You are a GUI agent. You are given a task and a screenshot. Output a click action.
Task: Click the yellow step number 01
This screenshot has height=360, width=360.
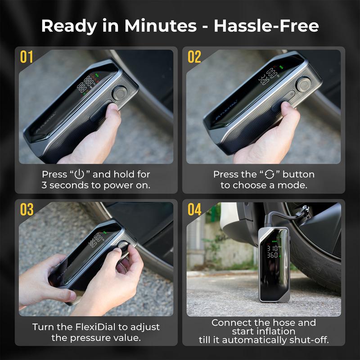27,57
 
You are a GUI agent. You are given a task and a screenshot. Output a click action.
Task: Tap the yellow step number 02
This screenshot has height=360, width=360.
194,57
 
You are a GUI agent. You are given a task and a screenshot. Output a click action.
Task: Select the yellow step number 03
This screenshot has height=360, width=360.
27,209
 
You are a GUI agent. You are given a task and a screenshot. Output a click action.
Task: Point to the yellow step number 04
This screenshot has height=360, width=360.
194,209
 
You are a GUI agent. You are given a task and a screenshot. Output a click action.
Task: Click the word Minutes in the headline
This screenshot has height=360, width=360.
161,26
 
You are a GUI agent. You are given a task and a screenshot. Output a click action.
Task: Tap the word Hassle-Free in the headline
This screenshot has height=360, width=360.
266,26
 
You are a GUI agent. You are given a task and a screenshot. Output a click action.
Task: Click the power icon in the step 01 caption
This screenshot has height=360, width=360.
79,174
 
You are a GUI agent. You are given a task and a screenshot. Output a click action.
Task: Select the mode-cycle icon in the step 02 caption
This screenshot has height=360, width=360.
269,175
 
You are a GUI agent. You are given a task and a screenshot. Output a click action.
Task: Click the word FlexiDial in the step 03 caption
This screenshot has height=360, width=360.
95,327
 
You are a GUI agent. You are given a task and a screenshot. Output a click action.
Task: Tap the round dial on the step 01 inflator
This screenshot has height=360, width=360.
120,93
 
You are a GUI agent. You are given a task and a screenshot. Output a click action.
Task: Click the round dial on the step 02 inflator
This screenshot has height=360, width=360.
303,84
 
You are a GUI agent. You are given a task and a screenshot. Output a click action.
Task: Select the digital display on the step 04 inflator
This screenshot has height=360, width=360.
273,252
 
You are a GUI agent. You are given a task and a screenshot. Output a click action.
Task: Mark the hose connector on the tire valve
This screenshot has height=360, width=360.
303,211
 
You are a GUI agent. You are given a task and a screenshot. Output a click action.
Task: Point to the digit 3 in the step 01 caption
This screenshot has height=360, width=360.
44,185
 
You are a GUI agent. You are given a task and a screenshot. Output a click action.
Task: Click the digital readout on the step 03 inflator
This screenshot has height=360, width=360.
96,240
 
